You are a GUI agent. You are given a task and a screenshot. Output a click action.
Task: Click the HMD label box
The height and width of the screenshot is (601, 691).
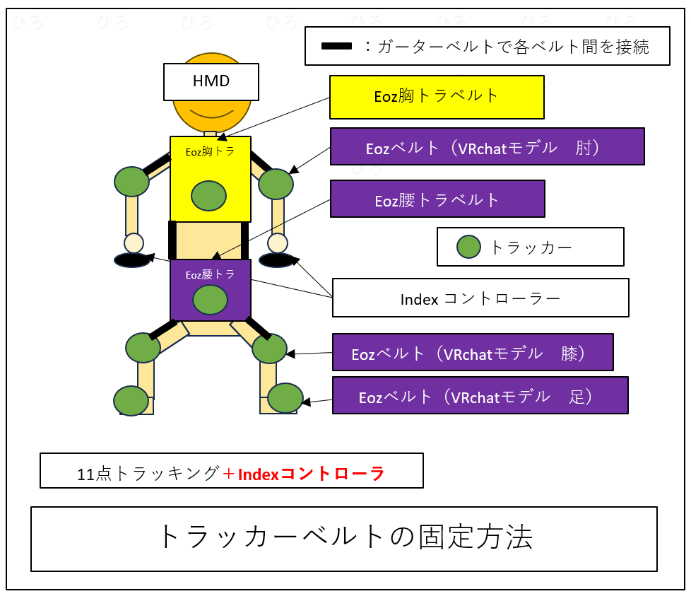pyautogui.click(x=211, y=81)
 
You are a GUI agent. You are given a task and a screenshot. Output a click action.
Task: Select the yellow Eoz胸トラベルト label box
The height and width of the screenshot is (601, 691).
pyautogui.click(x=437, y=97)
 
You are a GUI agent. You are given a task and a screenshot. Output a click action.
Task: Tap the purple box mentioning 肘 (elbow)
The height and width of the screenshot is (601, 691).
pyautogui.click(x=487, y=146)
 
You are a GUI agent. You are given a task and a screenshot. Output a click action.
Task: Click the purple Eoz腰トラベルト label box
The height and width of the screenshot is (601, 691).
pyautogui.click(x=437, y=199)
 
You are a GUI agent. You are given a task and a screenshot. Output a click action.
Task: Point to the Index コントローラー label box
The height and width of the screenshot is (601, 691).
pyautogui.click(x=480, y=298)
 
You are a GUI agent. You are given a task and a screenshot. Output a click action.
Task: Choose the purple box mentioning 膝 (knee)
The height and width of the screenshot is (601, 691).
pyautogui.click(x=472, y=352)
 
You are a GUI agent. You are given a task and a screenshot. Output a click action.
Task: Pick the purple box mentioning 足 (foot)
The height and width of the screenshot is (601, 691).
pyautogui.click(x=480, y=395)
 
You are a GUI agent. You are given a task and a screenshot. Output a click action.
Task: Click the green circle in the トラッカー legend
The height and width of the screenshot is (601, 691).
pyautogui.click(x=468, y=247)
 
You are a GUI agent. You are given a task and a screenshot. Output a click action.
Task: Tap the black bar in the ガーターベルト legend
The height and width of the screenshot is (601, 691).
pyautogui.click(x=337, y=47)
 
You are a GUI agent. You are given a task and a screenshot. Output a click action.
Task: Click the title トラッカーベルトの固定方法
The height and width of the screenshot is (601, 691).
pyautogui.click(x=343, y=538)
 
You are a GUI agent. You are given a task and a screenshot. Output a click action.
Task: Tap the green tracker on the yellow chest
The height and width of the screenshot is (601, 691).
pyautogui.click(x=208, y=196)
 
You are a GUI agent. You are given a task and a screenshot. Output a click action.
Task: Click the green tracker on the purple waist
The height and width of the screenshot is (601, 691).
pyautogui.click(x=210, y=300)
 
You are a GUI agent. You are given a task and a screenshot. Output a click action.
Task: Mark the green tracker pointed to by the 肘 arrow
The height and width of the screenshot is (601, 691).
pyautogui.click(x=276, y=184)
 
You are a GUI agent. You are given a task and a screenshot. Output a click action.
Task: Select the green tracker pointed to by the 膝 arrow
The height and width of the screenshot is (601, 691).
pyautogui.click(x=269, y=349)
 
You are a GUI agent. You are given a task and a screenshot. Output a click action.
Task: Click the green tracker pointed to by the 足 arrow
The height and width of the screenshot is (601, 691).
pyautogui.click(x=285, y=398)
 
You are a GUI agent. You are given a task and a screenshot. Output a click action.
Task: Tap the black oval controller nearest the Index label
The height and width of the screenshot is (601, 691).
pyautogui.click(x=277, y=260)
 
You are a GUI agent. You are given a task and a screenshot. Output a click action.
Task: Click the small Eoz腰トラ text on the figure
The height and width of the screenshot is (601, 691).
pyautogui.click(x=210, y=274)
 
